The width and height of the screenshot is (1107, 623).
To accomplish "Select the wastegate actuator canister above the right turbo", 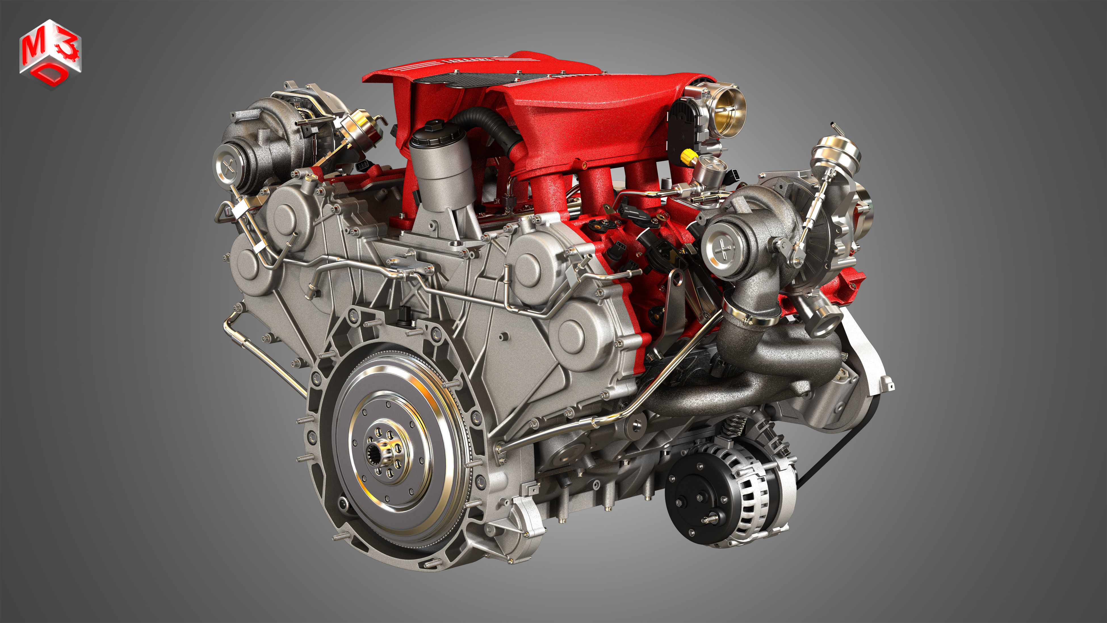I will pyautogui.click(x=835, y=151).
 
